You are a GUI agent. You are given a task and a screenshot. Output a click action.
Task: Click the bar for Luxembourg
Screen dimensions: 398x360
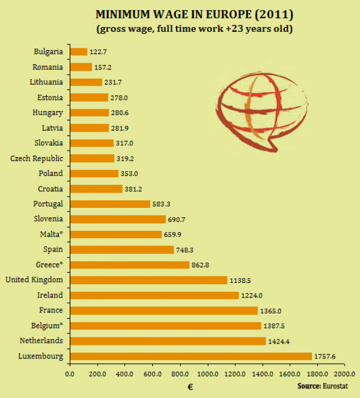click(191, 356)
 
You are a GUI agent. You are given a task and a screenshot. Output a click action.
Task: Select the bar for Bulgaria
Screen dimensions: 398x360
click(78, 51)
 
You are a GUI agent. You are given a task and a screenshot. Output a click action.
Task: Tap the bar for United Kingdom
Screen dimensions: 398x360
click(148, 280)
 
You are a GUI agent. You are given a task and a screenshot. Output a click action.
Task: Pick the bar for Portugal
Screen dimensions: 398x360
click(110, 204)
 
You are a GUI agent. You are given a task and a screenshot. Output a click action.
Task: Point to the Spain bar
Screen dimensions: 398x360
click(122, 249)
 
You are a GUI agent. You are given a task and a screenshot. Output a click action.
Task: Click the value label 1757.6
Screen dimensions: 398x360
click(326, 356)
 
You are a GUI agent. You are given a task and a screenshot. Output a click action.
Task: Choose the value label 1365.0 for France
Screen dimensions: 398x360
click(271, 311)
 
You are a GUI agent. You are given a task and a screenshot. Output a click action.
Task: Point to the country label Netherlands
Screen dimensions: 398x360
click(42, 341)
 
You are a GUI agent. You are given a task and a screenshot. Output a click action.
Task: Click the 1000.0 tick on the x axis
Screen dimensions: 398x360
click(207, 374)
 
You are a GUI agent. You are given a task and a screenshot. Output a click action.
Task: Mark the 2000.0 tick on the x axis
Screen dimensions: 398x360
click(344, 374)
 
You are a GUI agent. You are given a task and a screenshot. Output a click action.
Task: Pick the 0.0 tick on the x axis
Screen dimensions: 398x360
click(70, 374)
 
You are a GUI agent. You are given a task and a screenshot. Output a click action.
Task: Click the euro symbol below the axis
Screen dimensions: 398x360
click(190, 387)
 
